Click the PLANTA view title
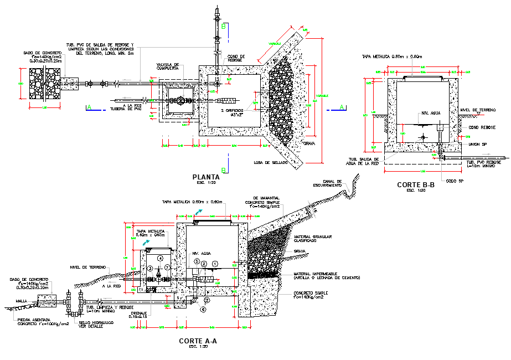click(x=206, y=177)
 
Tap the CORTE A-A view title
click(x=198, y=341)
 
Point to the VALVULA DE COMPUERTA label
click(x=168, y=67)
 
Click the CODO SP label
click(x=452, y=181)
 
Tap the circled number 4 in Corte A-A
click(x=160, y=259)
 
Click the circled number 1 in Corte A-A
click(x=216, y=264)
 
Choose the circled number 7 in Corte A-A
click(x=168, y=268)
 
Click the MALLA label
click(x=21, y=301)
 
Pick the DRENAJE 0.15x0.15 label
click(x=138, y=315)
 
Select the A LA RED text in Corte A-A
click(x=111, y=286)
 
